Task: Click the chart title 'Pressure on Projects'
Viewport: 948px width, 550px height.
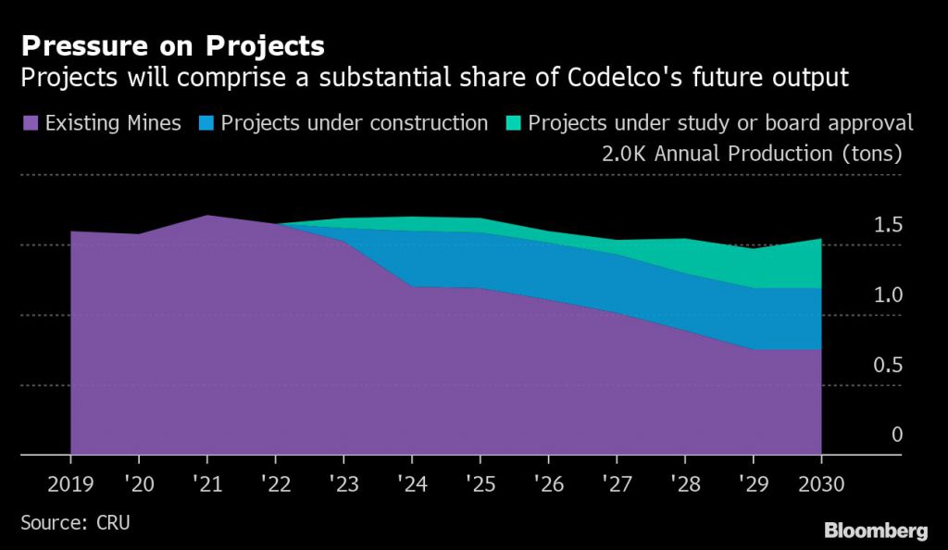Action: [x=173, y=45]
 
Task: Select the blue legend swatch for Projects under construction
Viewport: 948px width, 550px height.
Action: [x=205, y=123]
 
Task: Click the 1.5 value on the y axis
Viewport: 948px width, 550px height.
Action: [x=888, y=226]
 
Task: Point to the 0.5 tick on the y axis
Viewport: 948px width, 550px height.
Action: [x=888, y=366]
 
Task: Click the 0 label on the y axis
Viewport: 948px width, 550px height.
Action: [x=896, y=435]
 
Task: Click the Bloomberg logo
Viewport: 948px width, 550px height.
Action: [x=875, y=531]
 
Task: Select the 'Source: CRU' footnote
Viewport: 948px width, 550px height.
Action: [x=75, y=523]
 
